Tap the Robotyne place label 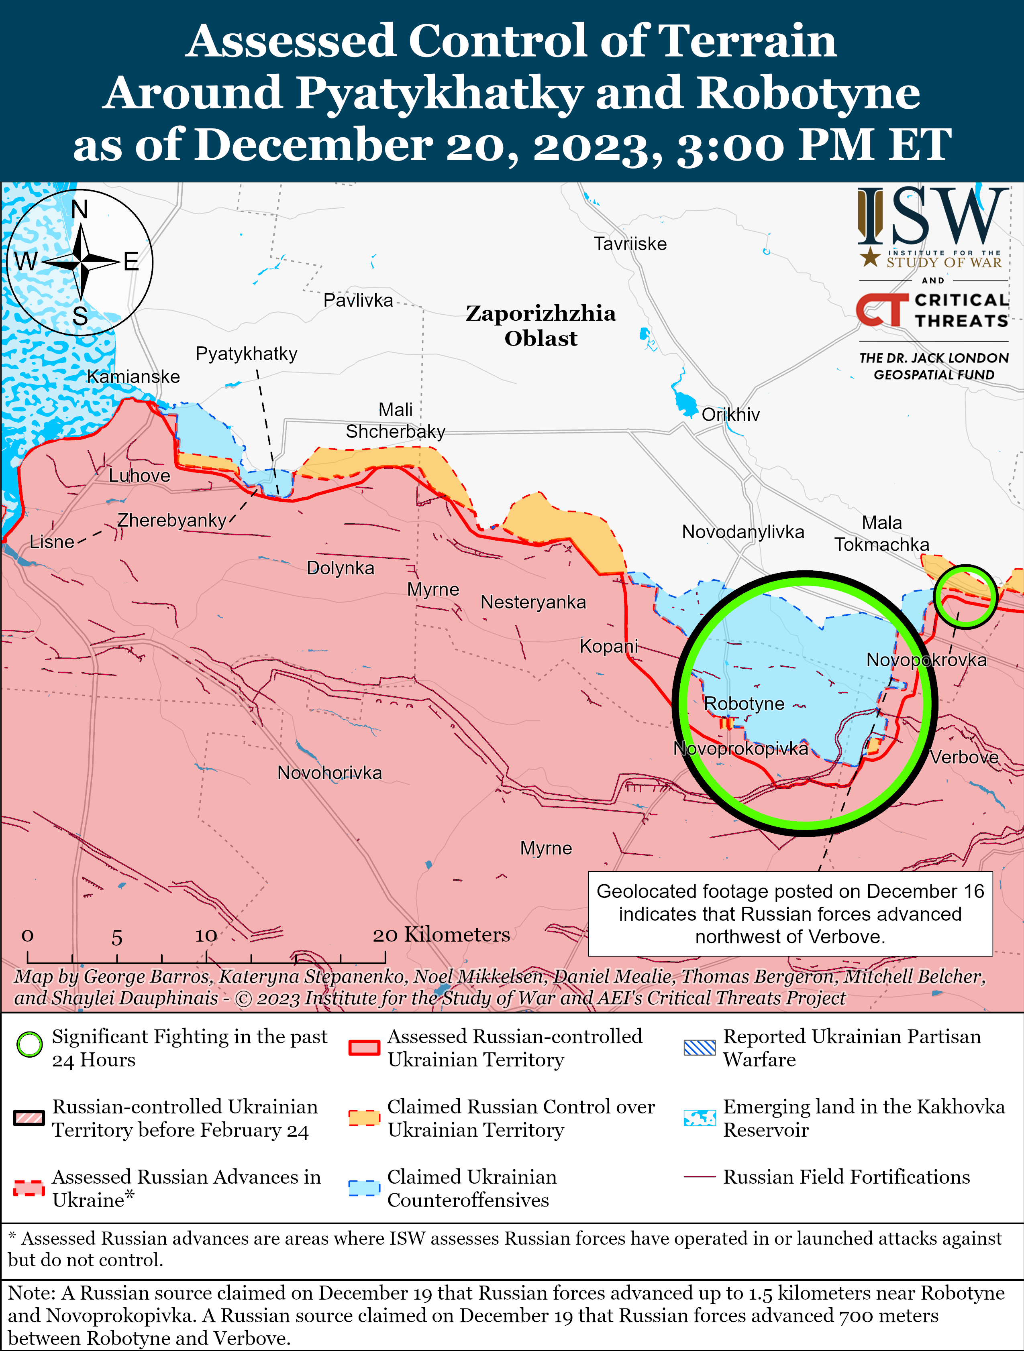pyautogui.click(x=744, y=704)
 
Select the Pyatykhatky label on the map pyautogui.click(x=246, y=354)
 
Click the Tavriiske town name pyautogui.click(x=630, y=244)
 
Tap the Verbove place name pyautogui.click(x=964, y=757)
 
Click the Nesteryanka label pyautogui.click(x=533, y=602)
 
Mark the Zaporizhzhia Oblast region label pyautogui.click(x=541, y=326)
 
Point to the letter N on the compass pyautogui.click(x=80, y=210)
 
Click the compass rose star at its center pyautogui.click(x=81, y=262)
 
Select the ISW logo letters pyautogui.click(x=932, y=217)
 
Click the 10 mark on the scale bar pyautogui.click(x=206, y=936)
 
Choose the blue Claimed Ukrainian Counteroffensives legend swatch pyautogui.click(x=364, y=1187)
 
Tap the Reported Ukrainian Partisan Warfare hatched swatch pyautogui.click(x=700, y=1048)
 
